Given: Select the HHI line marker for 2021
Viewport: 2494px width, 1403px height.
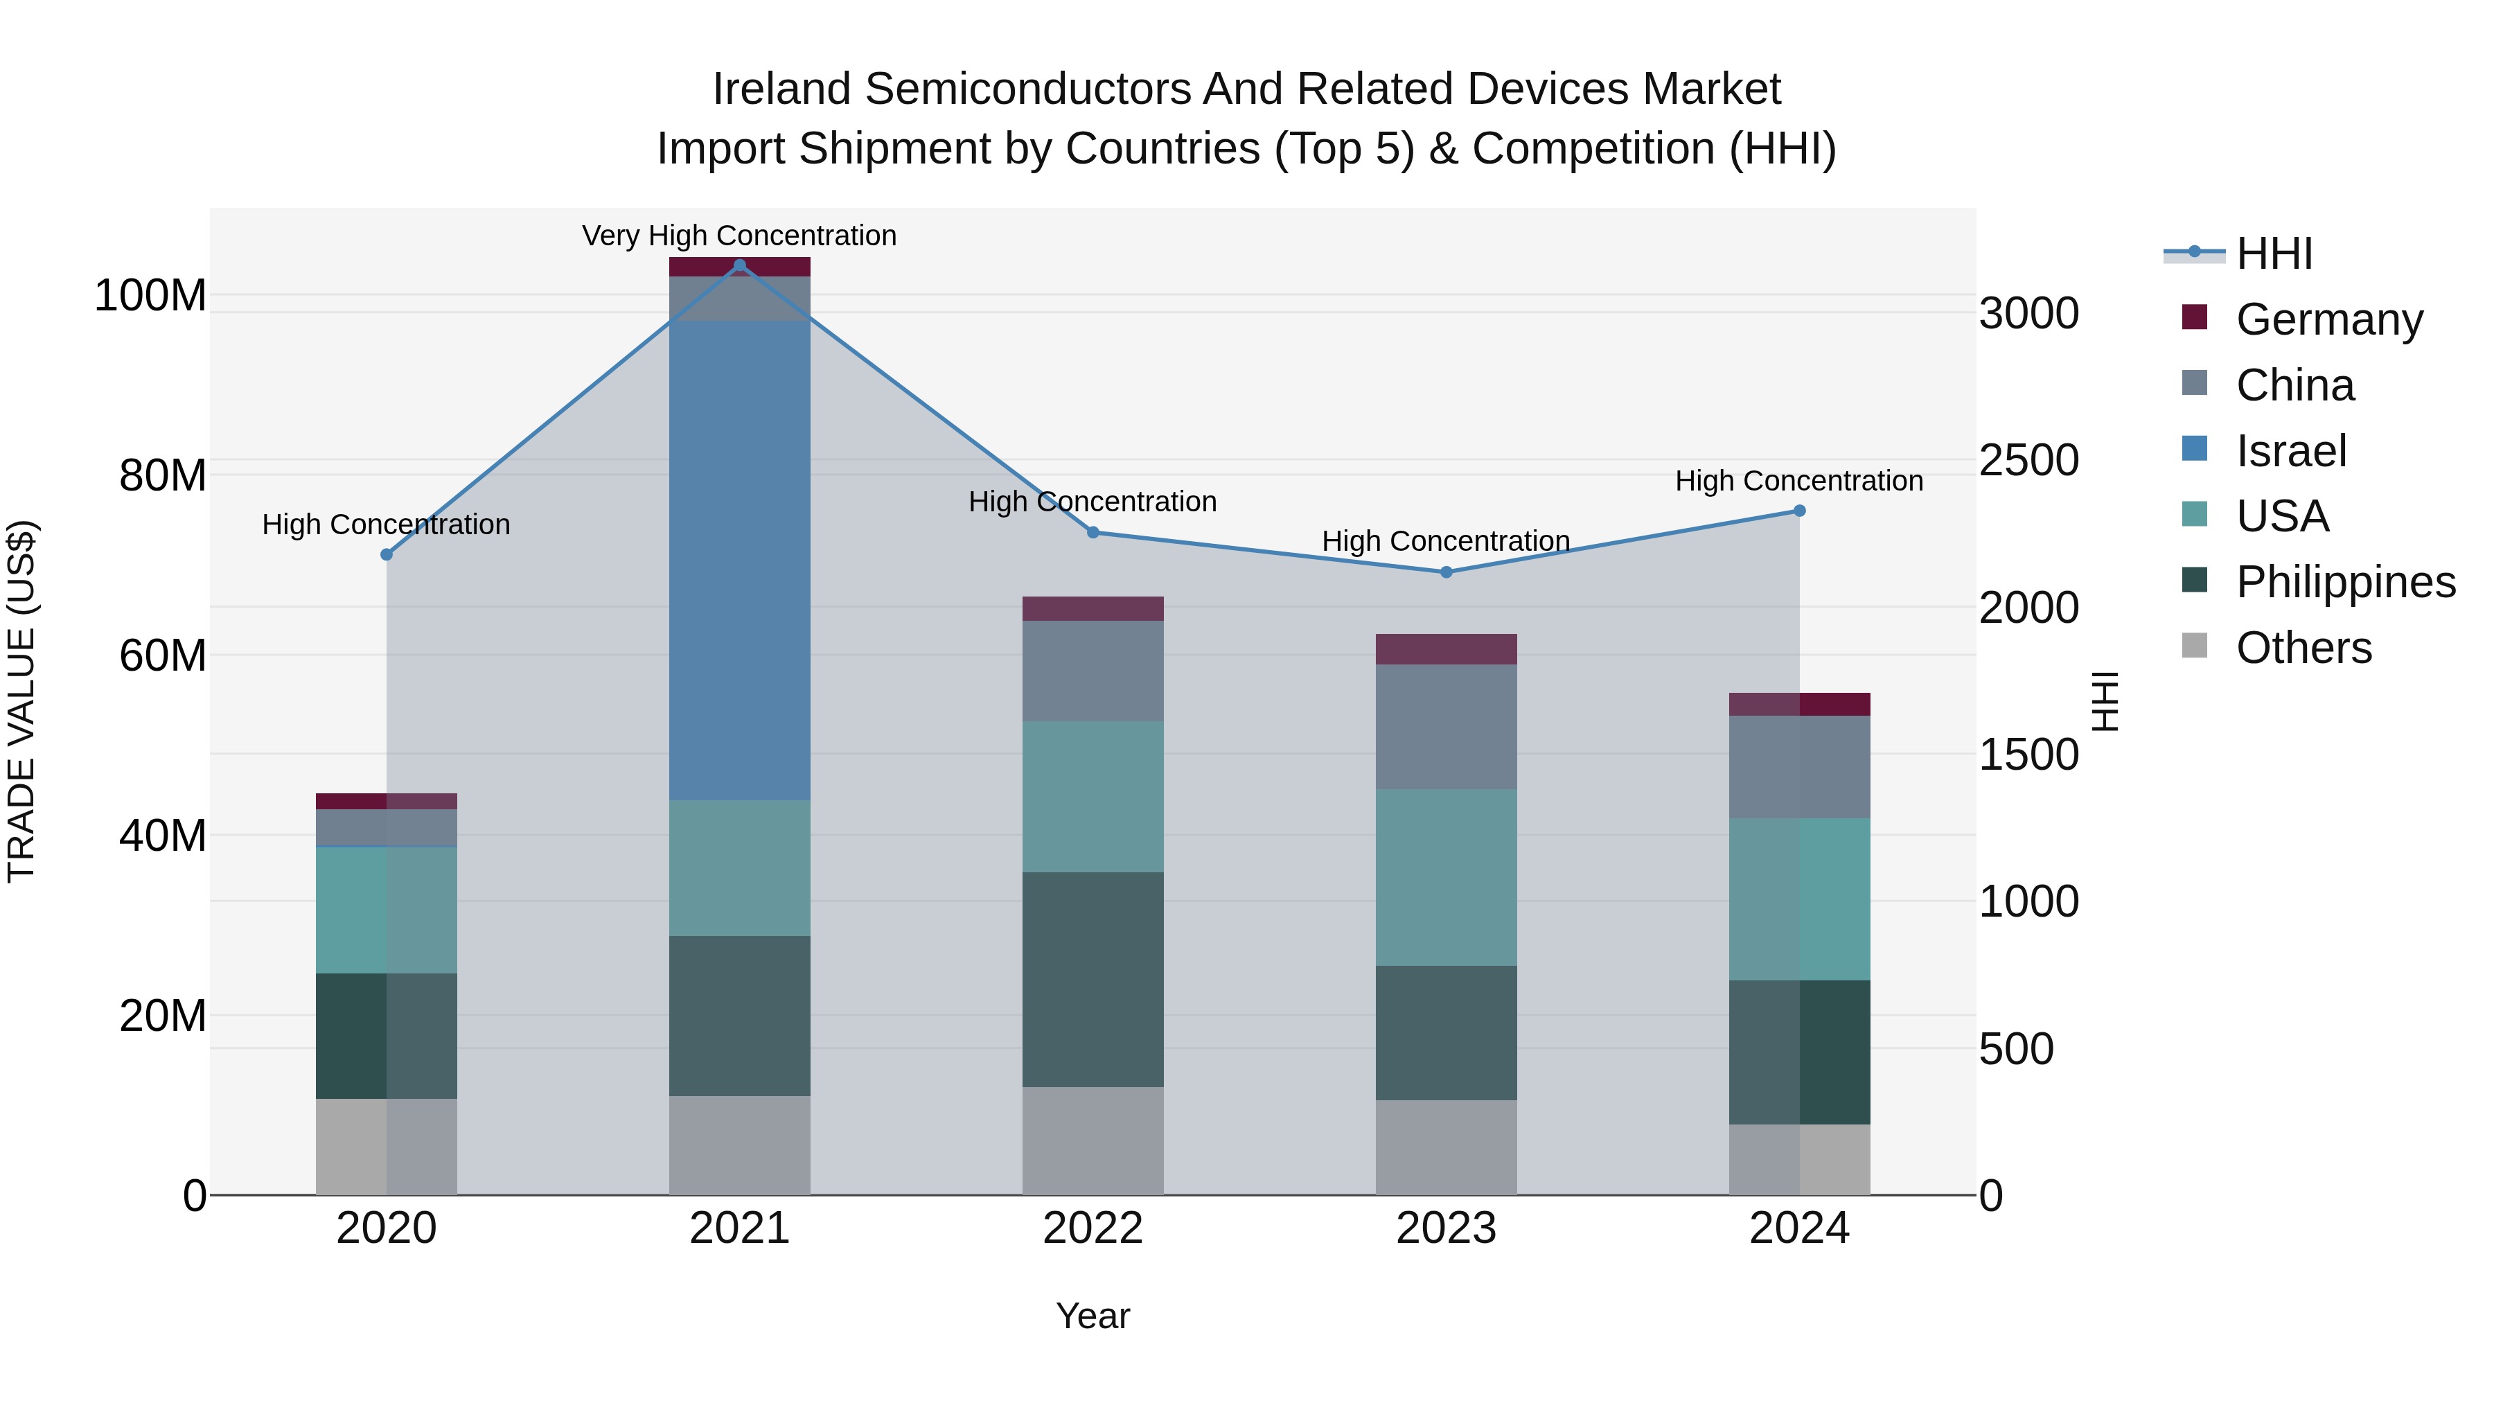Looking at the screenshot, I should (x=740, y=265).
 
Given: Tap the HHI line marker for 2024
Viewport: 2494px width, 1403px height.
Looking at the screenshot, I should (x=1800, y=510).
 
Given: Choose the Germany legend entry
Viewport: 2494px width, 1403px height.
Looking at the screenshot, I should (x=2328, y=319).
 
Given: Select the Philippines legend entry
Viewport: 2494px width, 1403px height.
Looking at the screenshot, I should (x=2345, y=582).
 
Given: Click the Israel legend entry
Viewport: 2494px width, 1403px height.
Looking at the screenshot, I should (x=2291, y=450).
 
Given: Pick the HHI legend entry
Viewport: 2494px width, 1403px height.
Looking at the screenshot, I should (x=2273, y=253).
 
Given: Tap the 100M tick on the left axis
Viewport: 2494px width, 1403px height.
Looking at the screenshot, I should (x=150, y=295).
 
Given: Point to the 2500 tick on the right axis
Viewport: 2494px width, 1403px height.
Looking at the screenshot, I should (x=2028, y=460).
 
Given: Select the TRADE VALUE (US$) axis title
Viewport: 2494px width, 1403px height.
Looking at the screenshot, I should (x=21, y=701).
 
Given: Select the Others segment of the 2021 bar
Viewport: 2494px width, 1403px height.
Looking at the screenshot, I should (x=740, y=1145).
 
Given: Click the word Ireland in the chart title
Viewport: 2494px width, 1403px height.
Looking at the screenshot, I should (x=781, y=89).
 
